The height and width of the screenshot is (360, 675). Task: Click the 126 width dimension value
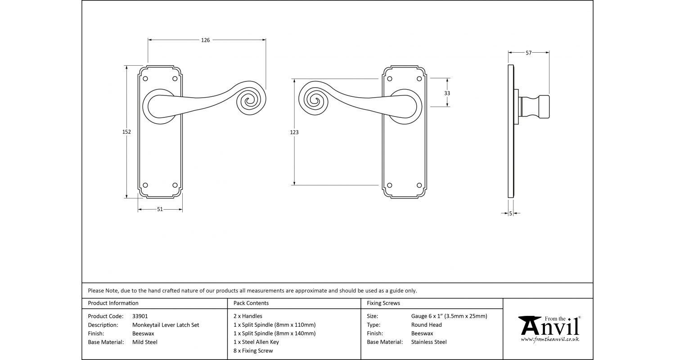[x=205, y=40]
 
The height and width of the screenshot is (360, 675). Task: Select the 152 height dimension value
[x=126, y=132]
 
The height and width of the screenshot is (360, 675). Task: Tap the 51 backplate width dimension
[x=160, y=209]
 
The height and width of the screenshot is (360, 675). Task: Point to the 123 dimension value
[x=294, y=132]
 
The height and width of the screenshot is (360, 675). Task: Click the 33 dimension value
[x=447, y=93]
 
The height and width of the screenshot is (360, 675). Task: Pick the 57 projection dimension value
[x=529, y=53]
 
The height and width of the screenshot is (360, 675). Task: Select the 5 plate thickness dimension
[x=511, y=213]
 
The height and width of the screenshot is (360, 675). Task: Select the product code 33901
[x=140, y=316]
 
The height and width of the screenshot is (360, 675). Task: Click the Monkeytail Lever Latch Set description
[x=166, y=325]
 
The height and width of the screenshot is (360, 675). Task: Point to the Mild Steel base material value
[x=145, y=342]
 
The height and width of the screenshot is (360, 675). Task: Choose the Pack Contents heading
[x=251, y=303]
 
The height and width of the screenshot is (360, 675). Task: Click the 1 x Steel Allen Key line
[x=256, y=342]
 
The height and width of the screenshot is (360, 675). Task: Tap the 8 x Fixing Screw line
[x=253, y=351]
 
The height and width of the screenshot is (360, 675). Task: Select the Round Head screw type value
[x=427, y=325]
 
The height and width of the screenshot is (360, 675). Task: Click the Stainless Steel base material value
[x=429, y=342]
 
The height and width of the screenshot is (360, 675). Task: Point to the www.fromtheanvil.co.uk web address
[x=550, y=339]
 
